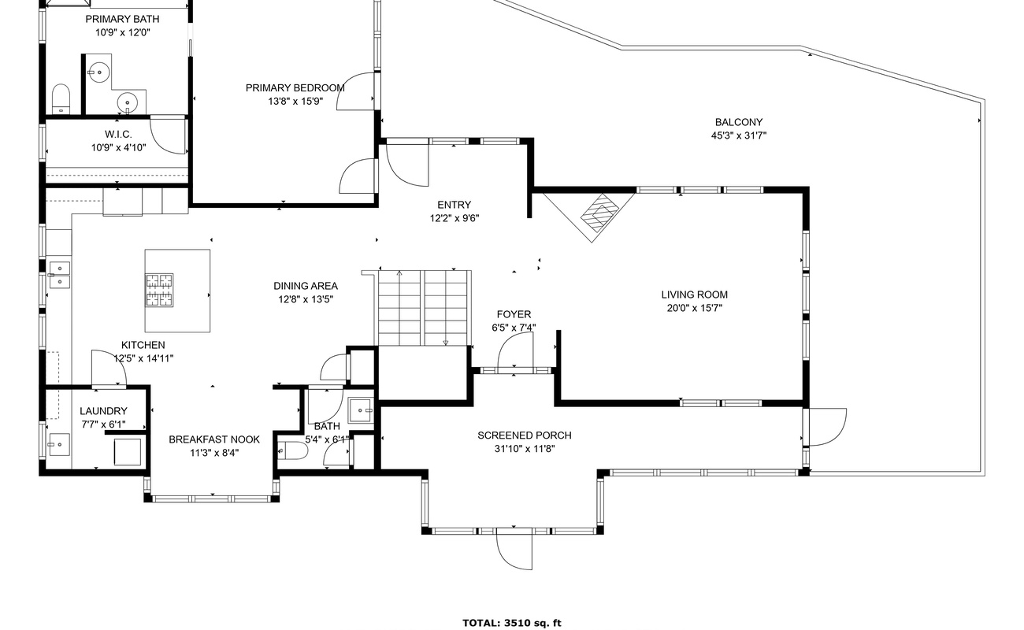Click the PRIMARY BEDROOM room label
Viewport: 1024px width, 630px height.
[295, 87]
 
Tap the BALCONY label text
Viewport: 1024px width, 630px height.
[739, 122]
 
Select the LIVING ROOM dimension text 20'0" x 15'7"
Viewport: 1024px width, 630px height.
[695, 308]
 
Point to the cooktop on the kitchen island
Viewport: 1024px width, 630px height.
[159, 290]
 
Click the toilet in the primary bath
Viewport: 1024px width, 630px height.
[61, 98]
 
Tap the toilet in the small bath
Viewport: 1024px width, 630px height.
[293, 451]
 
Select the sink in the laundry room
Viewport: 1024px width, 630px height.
[59, 444]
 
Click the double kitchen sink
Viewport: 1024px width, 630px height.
[59, 275]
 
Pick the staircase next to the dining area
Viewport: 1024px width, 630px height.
[425, 308]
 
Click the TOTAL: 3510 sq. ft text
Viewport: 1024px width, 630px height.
[511, 623]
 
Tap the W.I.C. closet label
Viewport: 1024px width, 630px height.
[118, 134]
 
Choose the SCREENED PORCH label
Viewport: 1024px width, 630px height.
[525, 435]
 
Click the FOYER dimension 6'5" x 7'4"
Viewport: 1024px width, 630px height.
[514, 328]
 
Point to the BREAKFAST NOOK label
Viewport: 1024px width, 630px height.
[214, 439]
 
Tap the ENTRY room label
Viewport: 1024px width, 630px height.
[454, 205]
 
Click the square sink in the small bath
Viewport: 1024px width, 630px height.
[361, 410]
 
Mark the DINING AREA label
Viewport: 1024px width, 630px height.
[306, 286]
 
